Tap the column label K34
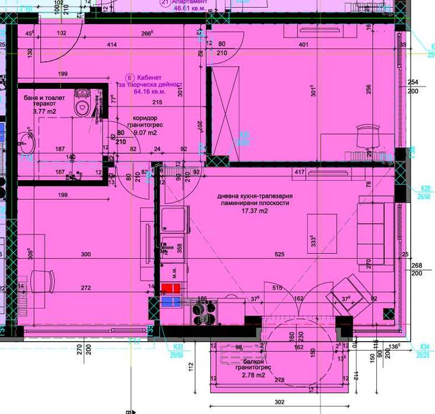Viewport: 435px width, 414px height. pyautogui.click(x=424, y=346)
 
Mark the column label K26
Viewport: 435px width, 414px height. pyautogui.click(x=424, y=188)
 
